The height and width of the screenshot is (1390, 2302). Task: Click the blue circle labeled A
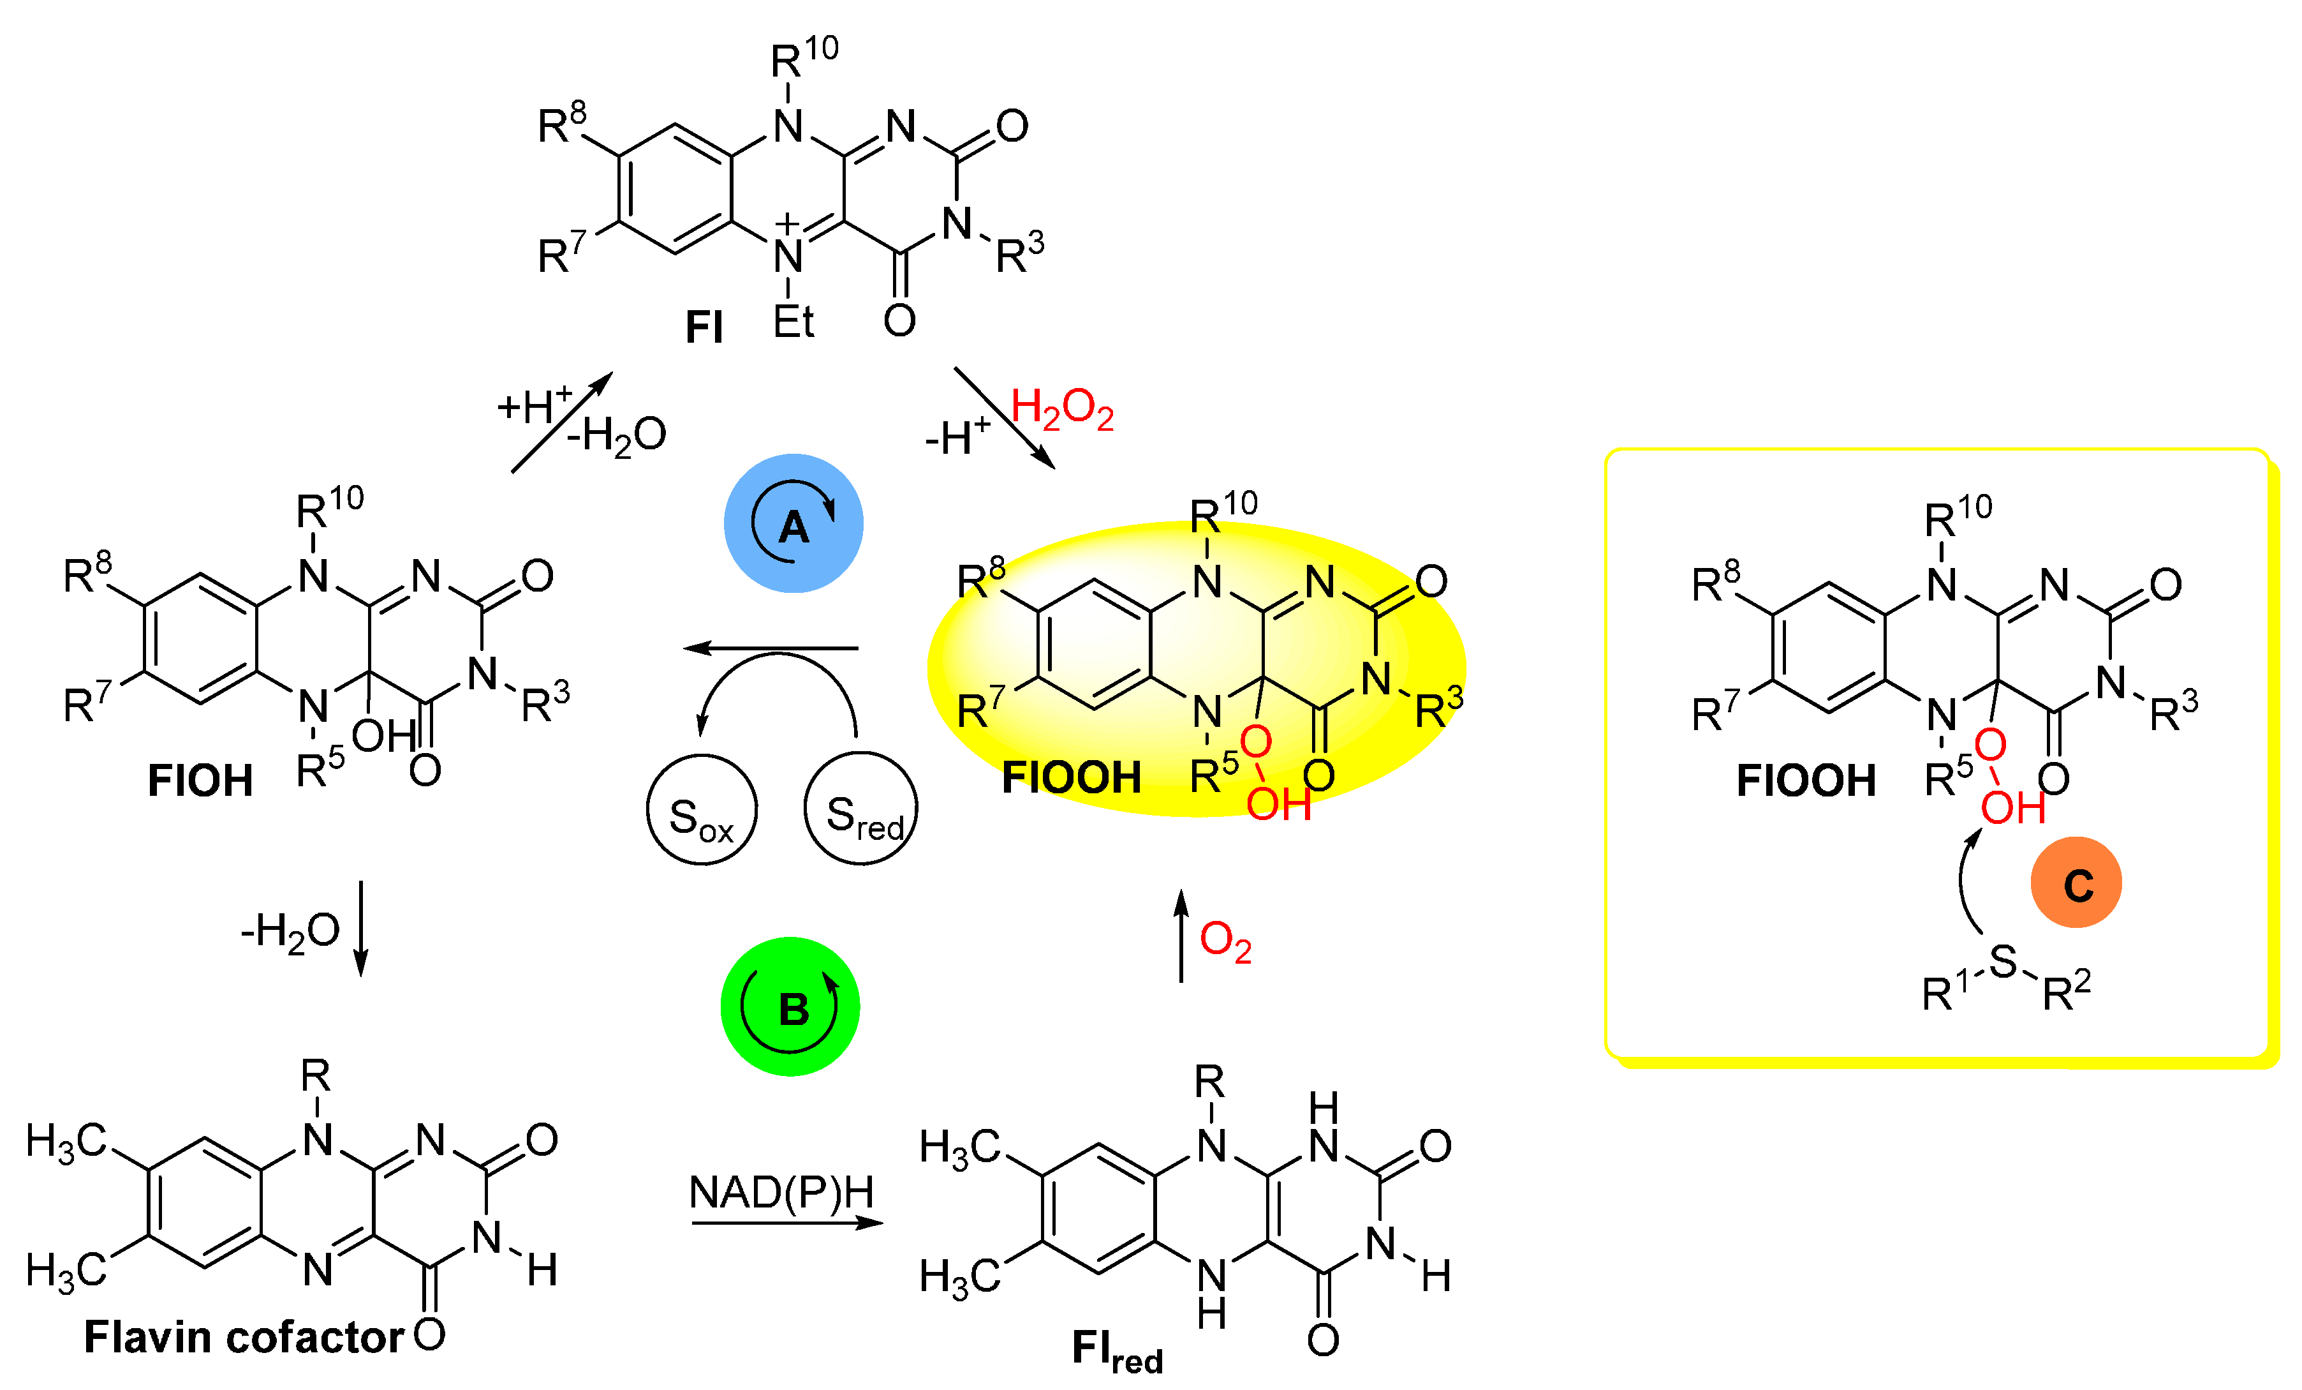(793, 523)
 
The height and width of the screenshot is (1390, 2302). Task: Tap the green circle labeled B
(790, 1006)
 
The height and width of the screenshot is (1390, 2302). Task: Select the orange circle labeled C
(2076, 883)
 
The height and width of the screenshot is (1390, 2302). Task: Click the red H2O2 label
(1062, 410)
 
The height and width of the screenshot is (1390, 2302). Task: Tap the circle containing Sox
(702, 809)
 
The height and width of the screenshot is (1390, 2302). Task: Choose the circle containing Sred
(860, 809)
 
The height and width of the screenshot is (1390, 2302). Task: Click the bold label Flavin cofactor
(244, 1337)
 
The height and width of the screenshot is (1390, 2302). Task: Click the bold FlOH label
(200, 781)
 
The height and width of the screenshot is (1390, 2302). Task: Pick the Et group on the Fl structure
(793, 322)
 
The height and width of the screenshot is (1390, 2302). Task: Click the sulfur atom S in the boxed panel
(2002, 961)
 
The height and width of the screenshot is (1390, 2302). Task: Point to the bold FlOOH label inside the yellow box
(1805, 781)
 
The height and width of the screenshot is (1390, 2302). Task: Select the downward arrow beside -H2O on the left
(360, 928)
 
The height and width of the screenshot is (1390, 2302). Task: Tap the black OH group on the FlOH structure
(383, 736)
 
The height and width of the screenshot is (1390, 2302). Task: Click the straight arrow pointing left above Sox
(771, 648)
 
